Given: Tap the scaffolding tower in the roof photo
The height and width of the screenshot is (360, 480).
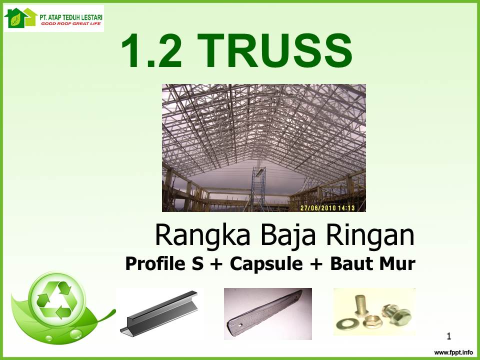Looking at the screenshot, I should [x=258, y=188].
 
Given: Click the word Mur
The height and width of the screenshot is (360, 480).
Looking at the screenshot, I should [x=397, y=263].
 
